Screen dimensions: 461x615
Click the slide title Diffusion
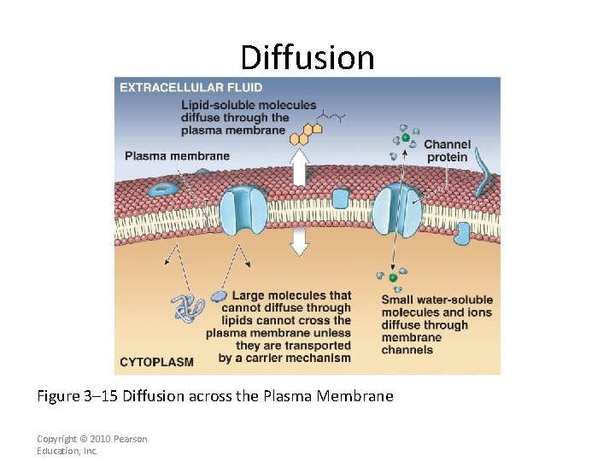coord(307,58)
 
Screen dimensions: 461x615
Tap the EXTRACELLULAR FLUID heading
coord(191,87)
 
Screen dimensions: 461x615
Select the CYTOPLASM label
coord(157,362)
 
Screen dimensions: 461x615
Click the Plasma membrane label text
coord(177,155)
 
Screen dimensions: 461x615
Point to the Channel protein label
coord(447,151)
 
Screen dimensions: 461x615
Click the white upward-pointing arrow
coord(299,166)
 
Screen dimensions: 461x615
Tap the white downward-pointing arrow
coord(299,242)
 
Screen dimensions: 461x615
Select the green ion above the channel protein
coord(406,137)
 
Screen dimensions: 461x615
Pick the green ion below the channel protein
coord(393,277)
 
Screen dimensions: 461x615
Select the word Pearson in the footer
coord(130,439)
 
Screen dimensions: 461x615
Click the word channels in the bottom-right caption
coord(407,350)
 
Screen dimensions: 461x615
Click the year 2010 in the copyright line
coord(101,439)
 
